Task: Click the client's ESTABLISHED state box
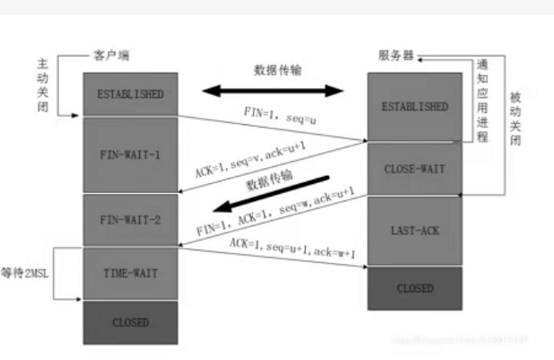(130, 93)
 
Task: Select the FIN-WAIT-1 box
(130, 154)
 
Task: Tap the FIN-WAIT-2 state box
(130, 220)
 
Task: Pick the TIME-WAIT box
(130, 273)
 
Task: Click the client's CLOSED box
(130, 322)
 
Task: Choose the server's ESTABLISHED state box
(416, 106)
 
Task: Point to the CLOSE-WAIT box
(416, 170)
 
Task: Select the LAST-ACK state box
(416, 232)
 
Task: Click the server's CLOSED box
(416, 288)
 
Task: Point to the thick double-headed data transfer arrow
(273, 90)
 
